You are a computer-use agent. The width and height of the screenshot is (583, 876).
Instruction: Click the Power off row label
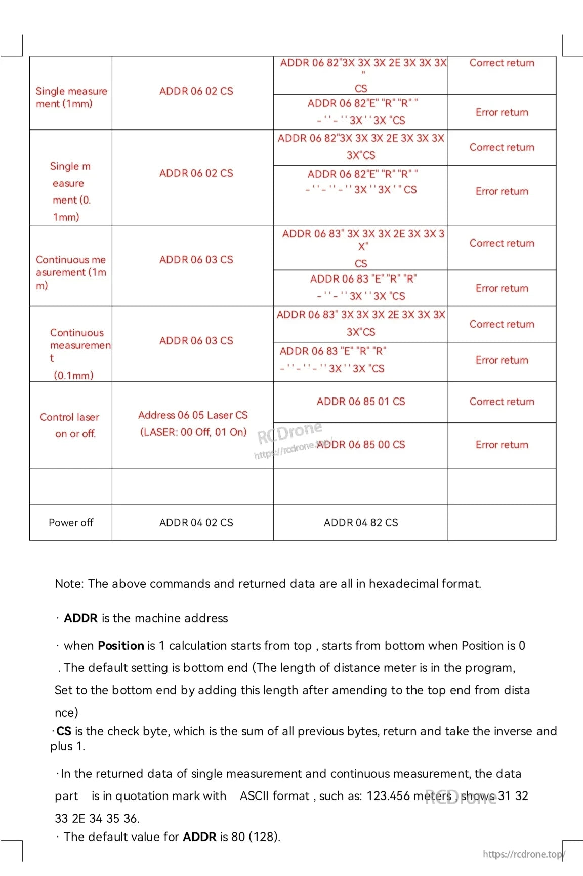point(71,522)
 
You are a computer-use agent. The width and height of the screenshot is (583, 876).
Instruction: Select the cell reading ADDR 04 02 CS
point(196,522)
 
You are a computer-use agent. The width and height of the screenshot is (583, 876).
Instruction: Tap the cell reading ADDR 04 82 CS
point(361,522)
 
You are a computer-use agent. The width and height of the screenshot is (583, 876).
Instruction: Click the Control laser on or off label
point(70,425)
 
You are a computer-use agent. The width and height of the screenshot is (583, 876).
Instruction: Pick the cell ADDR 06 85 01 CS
point(361,402)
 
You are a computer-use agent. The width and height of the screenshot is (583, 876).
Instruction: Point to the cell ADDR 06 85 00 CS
point(361,445)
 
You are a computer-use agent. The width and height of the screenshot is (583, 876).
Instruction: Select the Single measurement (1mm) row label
point(71,97)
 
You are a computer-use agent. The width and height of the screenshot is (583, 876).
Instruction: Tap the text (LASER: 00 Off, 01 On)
point(193,432)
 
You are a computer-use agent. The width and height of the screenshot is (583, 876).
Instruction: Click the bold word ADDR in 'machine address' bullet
point(80,618)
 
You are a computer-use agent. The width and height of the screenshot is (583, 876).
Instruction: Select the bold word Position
point(121,646)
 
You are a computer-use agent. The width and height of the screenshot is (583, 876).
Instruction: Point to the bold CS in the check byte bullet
point(64,731)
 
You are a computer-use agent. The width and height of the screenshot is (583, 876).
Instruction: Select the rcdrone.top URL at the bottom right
point(523,854)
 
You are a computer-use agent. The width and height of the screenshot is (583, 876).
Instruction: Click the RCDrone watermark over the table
point(289,432)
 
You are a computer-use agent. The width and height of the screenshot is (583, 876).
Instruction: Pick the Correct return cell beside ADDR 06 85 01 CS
point(502,402)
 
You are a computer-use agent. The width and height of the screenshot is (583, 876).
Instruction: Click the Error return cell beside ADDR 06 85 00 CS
point(502,445)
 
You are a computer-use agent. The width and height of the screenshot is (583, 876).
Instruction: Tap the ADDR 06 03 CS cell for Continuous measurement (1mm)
point(196,260)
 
